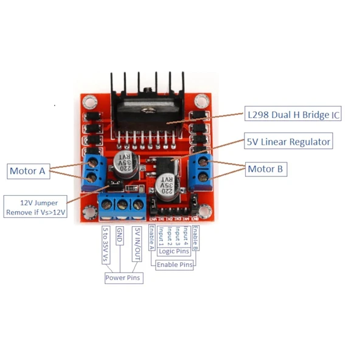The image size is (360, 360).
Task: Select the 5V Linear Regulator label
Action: coord(289,142)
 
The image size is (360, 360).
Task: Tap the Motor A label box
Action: coord(27,171)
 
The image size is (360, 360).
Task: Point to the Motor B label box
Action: coord(266,169)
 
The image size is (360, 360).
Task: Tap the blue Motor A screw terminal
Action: coord(92,170)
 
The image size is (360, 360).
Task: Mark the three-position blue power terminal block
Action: coord(122,206)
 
